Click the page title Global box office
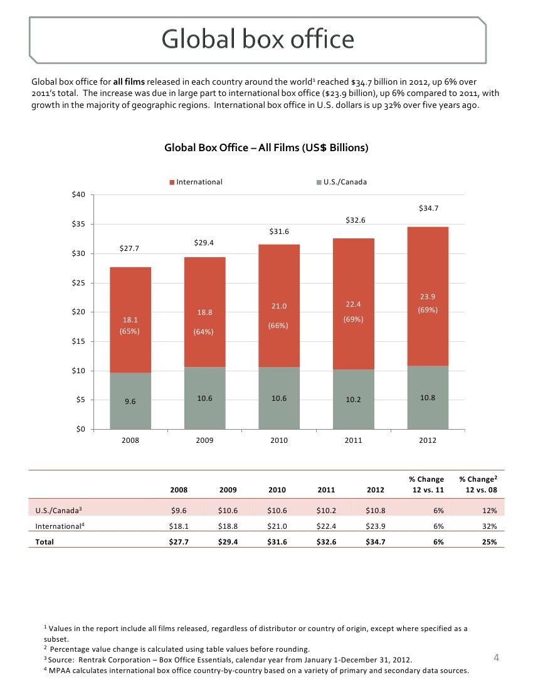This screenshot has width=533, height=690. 258,40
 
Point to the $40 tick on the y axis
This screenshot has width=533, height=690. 79,194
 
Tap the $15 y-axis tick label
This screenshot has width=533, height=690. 79,341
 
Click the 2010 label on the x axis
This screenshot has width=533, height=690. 279,441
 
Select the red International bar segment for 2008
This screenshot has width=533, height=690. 130,320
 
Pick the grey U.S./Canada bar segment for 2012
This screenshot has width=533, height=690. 428,398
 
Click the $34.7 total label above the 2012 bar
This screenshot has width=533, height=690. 428,208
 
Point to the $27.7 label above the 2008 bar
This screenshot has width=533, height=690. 130,248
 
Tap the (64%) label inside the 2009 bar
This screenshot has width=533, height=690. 204,332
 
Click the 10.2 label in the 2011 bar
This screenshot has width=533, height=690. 354,400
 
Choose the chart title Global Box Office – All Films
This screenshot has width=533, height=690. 266,148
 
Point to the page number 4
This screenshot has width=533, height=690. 496,658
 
